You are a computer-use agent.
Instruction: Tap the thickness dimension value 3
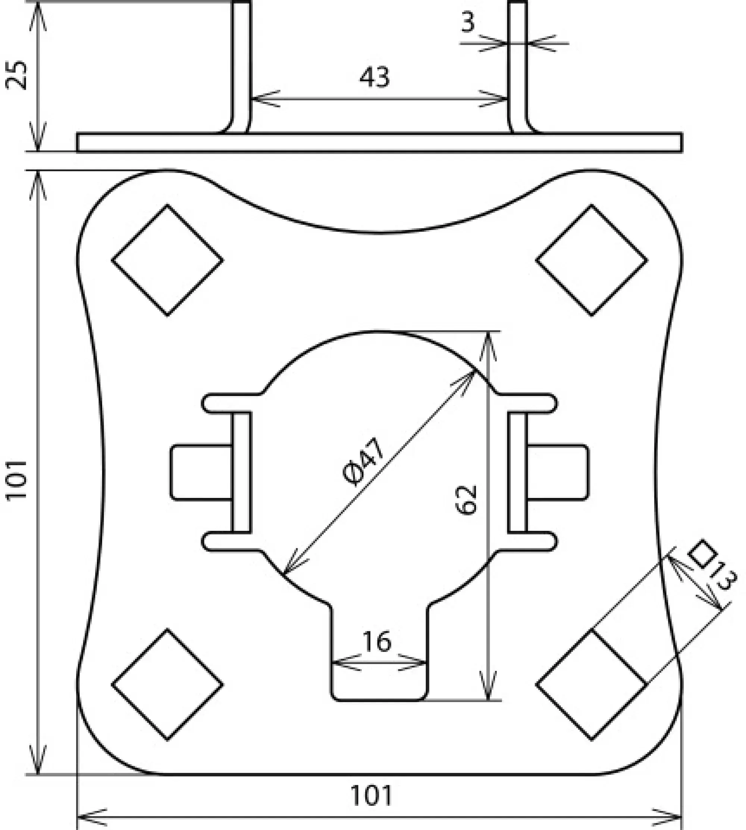[x=468, y=22]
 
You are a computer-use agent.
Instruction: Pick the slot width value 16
[x=377, y=642]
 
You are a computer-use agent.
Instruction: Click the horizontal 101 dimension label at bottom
[x=372, y=796]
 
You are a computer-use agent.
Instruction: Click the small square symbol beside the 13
[x=702, y=554]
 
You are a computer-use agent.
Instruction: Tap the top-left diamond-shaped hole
[x=167, y=260]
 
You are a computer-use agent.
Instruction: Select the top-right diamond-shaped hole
[x=592, y=260]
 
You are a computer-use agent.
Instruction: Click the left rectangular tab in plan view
[x=201, y=472]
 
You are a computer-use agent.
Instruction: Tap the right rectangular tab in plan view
[x=558, y=472]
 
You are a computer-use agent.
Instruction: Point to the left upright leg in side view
[x=241, y=66]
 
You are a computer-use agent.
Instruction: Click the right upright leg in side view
[x=518, y=66]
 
